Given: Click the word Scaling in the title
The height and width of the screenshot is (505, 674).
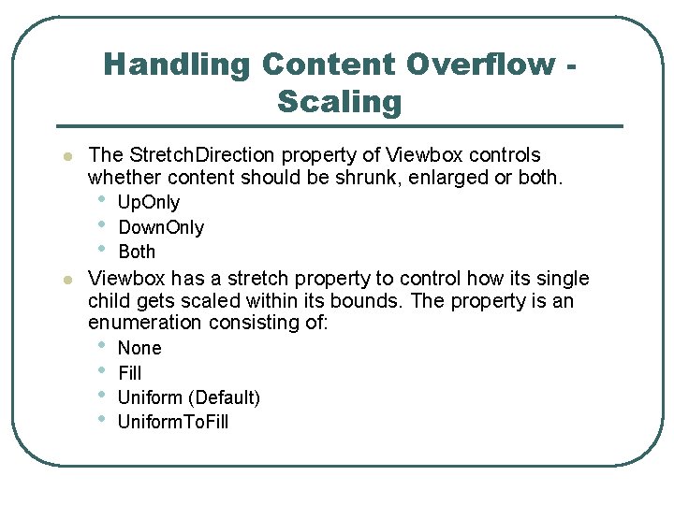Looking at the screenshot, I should (339, 102).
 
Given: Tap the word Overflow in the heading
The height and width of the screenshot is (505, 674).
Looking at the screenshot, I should (480, 65).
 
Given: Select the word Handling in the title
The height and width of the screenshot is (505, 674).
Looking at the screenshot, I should (177, 65).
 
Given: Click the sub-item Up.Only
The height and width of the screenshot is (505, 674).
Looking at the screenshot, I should (149, 202).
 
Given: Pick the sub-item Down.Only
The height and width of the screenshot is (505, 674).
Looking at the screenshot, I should (161, 227).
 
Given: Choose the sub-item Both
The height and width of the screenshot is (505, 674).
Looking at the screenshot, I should (137, 252).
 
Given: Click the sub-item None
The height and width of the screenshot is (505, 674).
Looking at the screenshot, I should (139, 348).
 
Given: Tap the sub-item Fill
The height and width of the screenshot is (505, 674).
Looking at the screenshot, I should (130, 372).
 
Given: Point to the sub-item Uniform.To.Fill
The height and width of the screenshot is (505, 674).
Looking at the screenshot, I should (173, 422).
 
